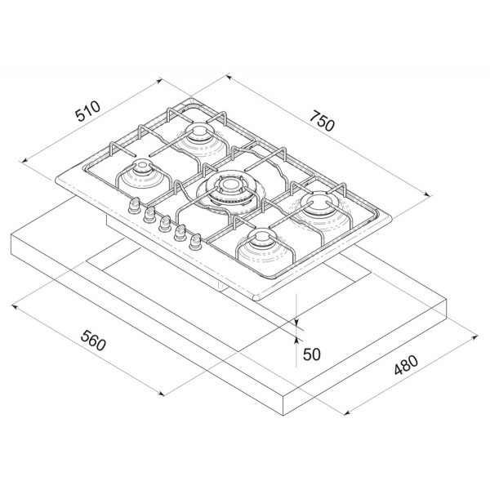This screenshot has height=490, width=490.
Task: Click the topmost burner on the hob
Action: (x=199, y=136)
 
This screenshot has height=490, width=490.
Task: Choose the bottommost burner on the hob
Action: (x=261, y=241)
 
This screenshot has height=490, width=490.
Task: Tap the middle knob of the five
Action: (x=165, y=223)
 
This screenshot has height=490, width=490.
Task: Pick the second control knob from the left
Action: (x=150, y=215)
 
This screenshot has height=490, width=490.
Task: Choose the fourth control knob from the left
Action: (x=180, y=233)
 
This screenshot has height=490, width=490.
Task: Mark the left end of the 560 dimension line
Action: (x=14, y=307)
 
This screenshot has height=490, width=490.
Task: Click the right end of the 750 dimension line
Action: (x=431, y=195)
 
